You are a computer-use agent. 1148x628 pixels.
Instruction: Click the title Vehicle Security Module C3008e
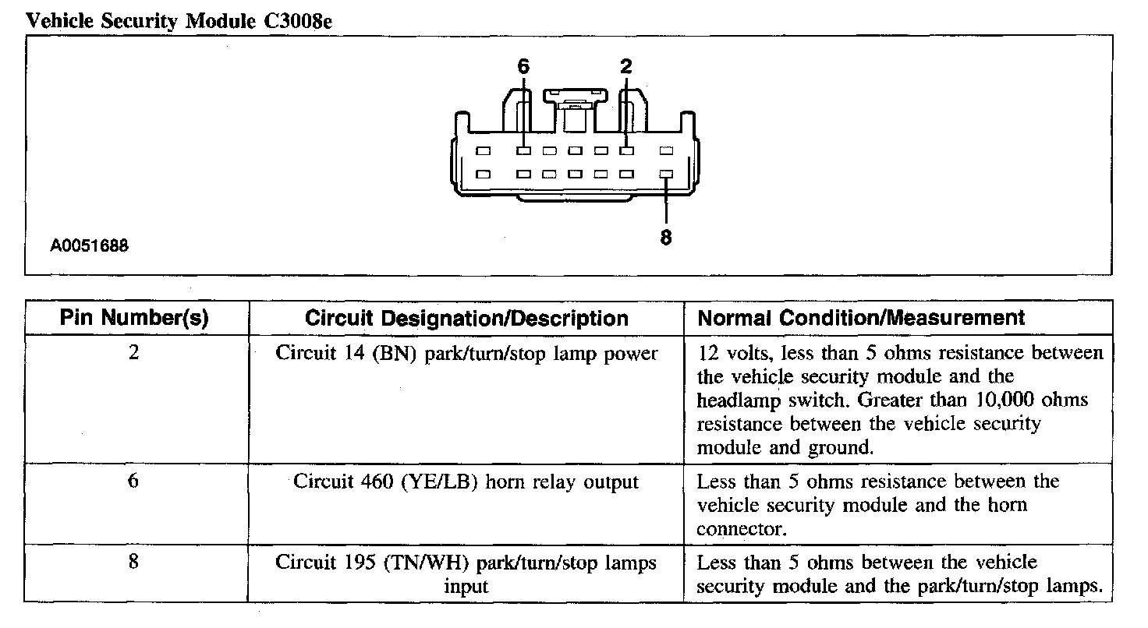click(179, 21)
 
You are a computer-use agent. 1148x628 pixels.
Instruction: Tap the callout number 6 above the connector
click(523, 66)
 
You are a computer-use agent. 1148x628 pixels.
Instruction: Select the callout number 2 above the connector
click(625, 66)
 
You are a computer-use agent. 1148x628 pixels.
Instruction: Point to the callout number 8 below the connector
click(666, 237)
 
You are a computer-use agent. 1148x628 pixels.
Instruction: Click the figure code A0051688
click(89, 245)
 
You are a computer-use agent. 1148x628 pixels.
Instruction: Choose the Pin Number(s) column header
click(134, 318)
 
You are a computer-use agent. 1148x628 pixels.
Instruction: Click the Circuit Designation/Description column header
click(466, 319)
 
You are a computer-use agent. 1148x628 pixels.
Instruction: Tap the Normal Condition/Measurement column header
click(861, 318)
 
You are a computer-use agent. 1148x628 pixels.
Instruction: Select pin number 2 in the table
click(134, 353)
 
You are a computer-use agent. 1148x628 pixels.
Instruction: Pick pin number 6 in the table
click(133, 481)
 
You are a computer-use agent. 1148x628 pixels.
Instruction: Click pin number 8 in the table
click(133, 562)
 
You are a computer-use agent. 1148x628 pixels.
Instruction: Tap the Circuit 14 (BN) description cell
click(466, 354)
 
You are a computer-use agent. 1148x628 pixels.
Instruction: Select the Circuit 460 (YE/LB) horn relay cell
click(466, 482)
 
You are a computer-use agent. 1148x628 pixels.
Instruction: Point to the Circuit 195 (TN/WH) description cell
click(466, 574)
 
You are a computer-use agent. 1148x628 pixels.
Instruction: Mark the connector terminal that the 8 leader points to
click(666, 174)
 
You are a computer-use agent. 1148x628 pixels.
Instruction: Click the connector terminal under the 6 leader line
click(523, 151)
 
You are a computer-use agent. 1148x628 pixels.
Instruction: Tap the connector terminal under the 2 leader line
click(626, 151)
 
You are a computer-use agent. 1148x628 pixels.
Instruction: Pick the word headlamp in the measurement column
click(738, 400)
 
